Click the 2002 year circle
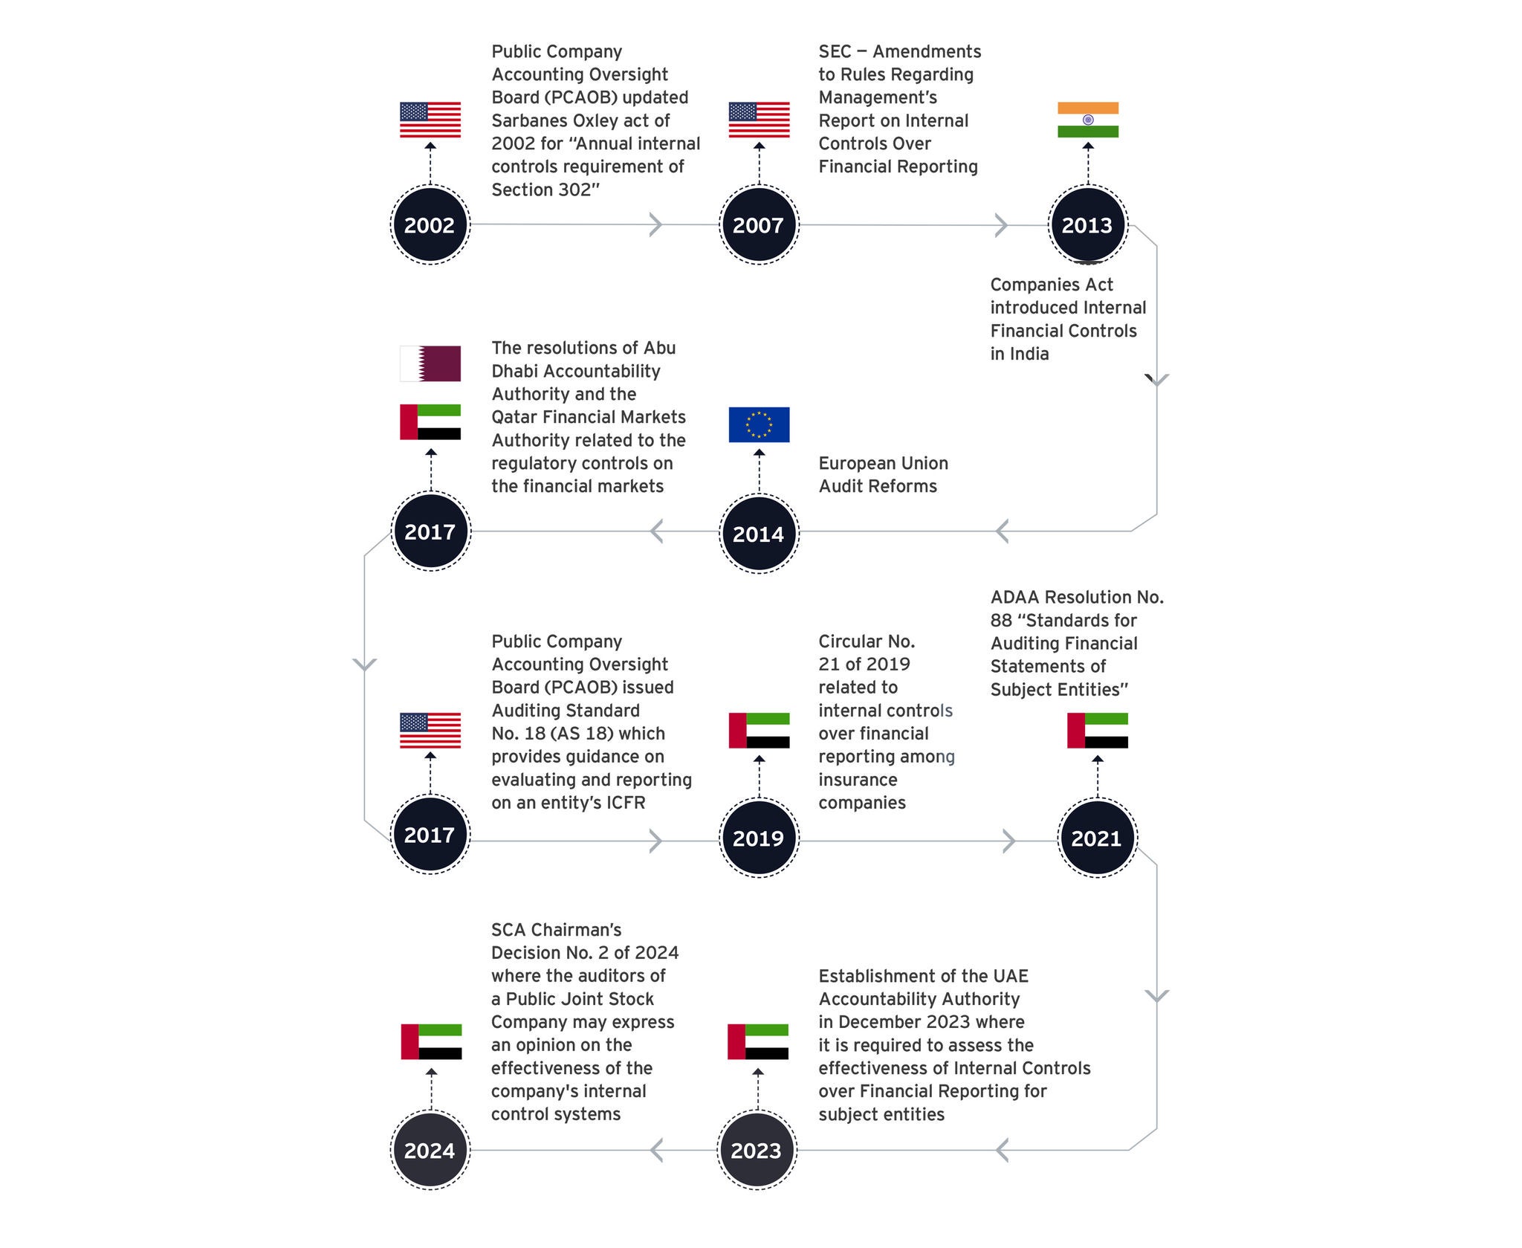(x=430, y=224)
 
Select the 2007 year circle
(x=758, y=224)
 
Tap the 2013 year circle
(x=1087, y=224)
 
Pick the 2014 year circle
(x=758, y=533)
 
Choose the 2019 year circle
(x=758, y=838)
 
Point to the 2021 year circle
(x=1096, y=838)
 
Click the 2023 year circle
(x=756, y=1150)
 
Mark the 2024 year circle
(x=430, y=1150)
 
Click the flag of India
(x=1087, y=120)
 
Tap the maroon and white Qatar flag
(x=430, y=363)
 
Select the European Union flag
(x=758, y=424)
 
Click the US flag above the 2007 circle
(x=758, y=120)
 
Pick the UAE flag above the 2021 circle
(x=1097, y=730)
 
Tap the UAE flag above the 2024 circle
(x=431, y=1041)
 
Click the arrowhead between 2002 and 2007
(x=655, y=224)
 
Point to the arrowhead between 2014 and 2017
(x=656, y=531)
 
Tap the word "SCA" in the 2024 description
(x=509, y=930)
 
